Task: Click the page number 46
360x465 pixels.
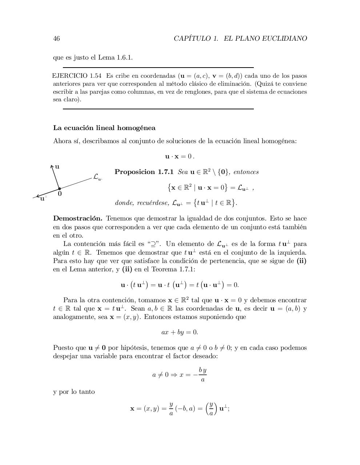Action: click(x=56, y=39)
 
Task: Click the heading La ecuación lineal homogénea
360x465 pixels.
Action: click(x=104, y=128)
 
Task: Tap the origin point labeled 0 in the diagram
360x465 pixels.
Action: click(x=59, y=189)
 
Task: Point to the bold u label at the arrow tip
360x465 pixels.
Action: click(x=57, y=167)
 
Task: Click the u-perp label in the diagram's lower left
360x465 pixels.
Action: click(x=43, y=198)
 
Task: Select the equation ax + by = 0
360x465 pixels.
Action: click(x=180, y=332)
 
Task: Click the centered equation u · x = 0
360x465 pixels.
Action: click(x=180, y=157)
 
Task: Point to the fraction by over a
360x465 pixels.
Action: click(x=203, y=375)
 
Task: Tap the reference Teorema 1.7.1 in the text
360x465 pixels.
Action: click(x=173, y=269)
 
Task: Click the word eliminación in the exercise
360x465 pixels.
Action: click(x=232, y=84)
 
